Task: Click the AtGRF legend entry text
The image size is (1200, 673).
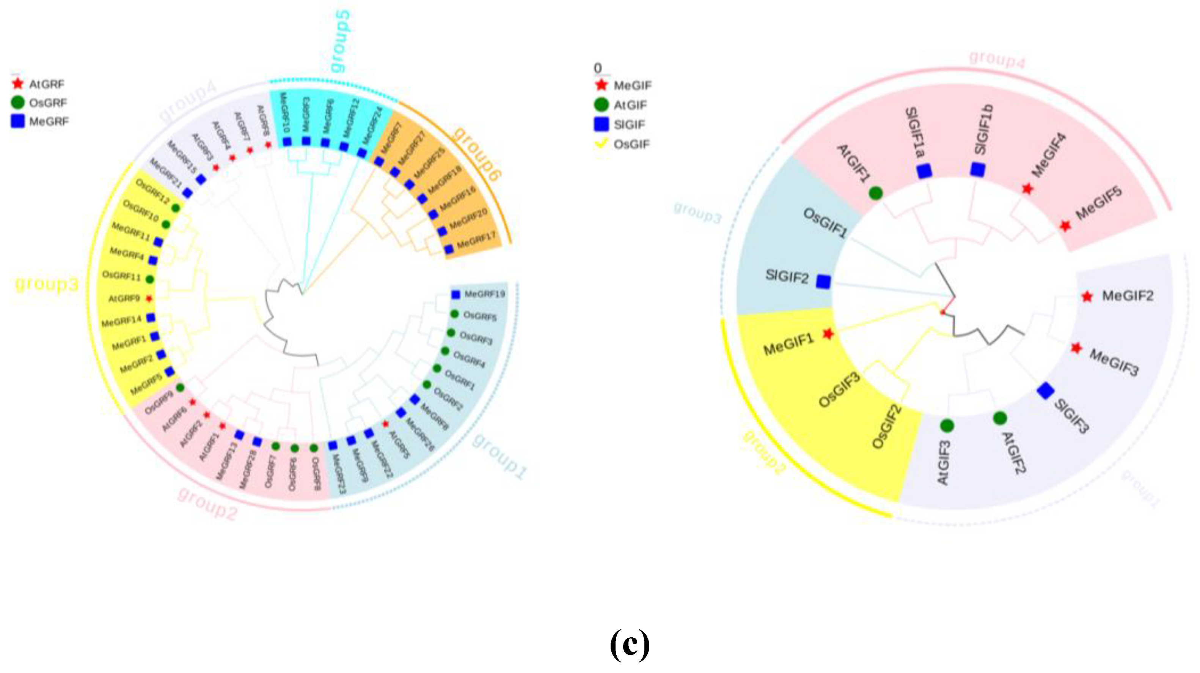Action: coord(47,84)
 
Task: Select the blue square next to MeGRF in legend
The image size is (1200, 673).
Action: coord(18,121)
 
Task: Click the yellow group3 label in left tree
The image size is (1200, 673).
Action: coord(47,284)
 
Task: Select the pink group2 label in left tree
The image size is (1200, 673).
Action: coord(207,504)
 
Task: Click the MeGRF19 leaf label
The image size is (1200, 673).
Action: coord(484,294)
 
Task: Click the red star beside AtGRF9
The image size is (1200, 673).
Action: coord(149,298)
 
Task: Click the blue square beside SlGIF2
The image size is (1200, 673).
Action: coord(823,282)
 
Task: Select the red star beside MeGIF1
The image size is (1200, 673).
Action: coord(828,334)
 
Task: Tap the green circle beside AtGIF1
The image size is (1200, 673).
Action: coord(875,193)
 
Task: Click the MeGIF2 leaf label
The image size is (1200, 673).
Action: coord(1127,296)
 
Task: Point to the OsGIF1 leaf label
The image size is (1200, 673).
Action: coord(825,223)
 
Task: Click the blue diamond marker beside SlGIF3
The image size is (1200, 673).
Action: coord(1045,391)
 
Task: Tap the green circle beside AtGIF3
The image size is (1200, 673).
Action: coord(947,426)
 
